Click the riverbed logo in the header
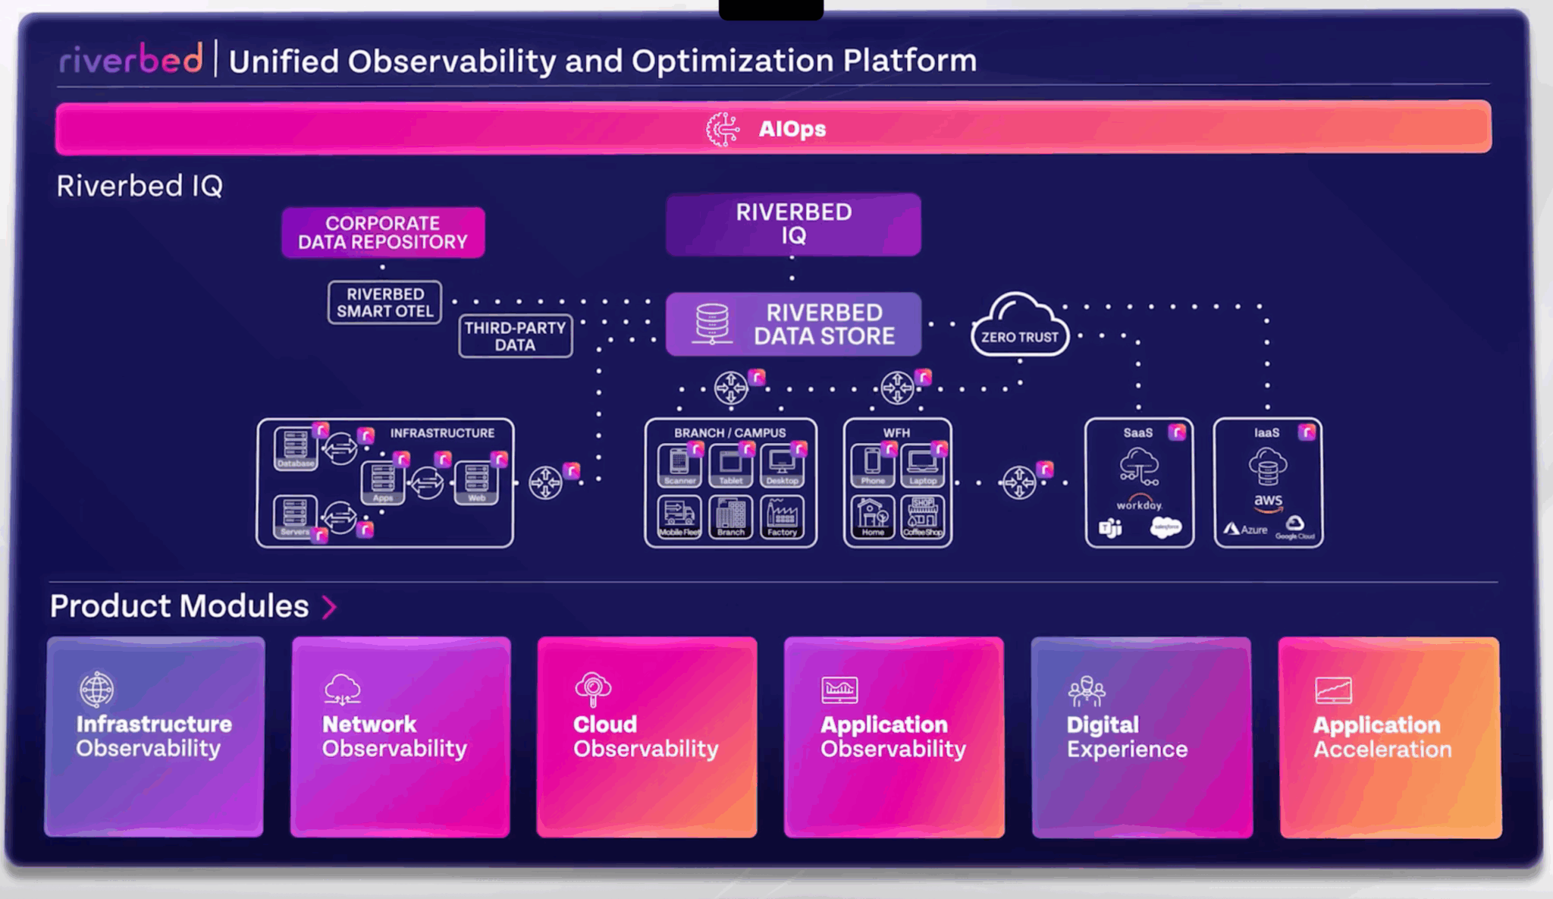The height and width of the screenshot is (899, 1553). pos(131,59)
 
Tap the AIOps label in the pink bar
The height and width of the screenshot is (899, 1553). pos(791,129)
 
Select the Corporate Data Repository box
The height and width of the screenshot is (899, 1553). pos(383,233)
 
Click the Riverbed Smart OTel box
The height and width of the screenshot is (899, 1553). pos(384,303)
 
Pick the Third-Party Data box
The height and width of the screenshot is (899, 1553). pos(515,336)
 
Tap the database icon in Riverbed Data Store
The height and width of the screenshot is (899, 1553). pos(712,324)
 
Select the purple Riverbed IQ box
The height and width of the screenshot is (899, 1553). pos(793,224)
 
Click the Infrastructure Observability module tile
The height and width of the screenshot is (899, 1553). pos(155,737)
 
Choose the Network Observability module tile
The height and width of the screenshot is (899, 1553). pos(400,737)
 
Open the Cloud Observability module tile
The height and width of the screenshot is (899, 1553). pos(647,737)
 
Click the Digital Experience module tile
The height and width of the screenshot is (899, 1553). pos(1141,737)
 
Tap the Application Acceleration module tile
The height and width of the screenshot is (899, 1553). pos(1389,737)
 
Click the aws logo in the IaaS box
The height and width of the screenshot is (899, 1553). pos(1268,501)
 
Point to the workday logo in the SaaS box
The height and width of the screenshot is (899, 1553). pos(1139,504)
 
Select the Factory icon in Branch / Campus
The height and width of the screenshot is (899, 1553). pos(782,517)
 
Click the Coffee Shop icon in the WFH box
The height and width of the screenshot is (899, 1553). pos(923,517)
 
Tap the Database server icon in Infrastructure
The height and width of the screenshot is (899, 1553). pos(295,448)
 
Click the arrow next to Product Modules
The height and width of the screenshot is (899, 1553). pos(329,607)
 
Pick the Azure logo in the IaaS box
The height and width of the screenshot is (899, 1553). pos(1246,529)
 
